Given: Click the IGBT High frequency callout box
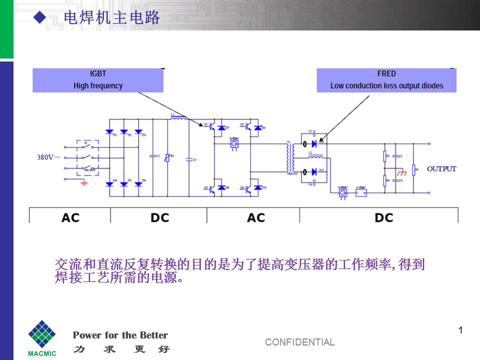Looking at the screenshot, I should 98,80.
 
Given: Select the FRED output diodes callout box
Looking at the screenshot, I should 386,80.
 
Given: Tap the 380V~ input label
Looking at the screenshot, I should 49,157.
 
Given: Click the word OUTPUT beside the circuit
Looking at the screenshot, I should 441,169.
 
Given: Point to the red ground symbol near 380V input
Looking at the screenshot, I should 84,183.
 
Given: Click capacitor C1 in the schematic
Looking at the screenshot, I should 152,156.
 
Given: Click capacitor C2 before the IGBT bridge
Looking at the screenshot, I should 189,159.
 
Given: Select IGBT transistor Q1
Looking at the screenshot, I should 212,127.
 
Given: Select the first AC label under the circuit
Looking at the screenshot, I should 70,217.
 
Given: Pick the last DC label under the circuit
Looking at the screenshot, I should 383,217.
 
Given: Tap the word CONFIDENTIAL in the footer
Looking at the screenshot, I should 299,342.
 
